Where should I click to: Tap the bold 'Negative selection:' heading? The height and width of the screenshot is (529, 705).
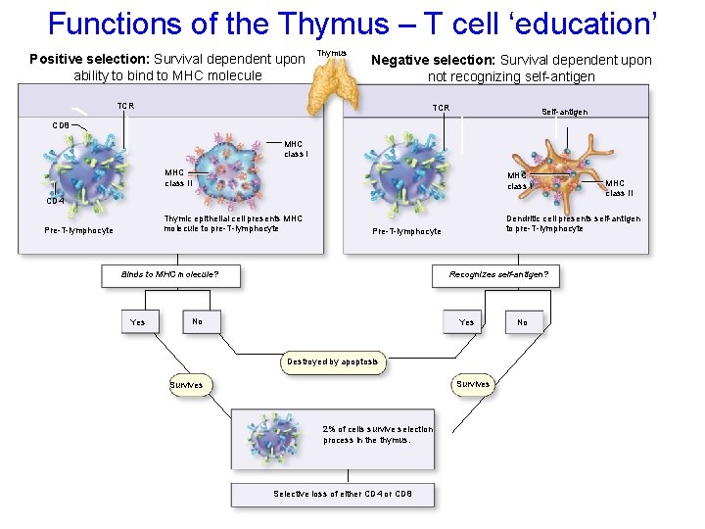[x=434, y=60]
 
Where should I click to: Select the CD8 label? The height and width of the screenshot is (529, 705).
[x=61, y=125]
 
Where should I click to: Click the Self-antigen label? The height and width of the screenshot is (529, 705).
[x=564, y=113]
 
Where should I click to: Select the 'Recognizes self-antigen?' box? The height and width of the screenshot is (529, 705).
[x=498, y=275]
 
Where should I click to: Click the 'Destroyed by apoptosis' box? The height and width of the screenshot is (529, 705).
[x=333, y=361]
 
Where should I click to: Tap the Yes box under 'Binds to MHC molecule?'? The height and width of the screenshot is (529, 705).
[x=138, y=322]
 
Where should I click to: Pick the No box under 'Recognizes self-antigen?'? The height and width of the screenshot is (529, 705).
[x=522, y=322]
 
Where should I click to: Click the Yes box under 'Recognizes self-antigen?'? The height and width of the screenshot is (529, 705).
[x=467, y=322]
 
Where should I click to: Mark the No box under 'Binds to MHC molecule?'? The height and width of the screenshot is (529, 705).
[x=198, y=321]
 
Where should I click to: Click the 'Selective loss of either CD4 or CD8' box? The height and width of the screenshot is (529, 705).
[x=343, y=494]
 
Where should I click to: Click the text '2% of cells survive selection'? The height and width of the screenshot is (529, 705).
[x=377, y=429]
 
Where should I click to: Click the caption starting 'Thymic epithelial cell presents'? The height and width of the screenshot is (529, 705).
[x=233, y=223]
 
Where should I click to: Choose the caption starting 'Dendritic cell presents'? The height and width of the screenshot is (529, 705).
[x=573, y=223]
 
